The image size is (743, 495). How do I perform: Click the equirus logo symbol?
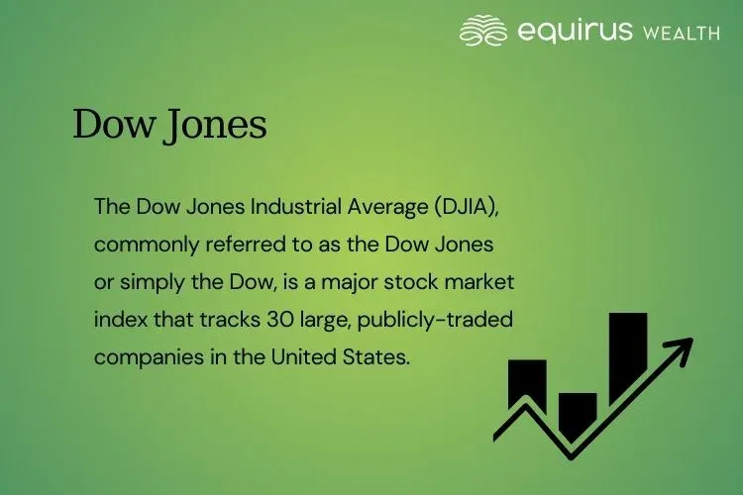pyautogui.click(x=483, y=31)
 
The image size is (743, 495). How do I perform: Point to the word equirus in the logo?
pyautogui.click(x=574, y=31)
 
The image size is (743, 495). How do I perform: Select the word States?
pyautogui.click(x=376, y=357)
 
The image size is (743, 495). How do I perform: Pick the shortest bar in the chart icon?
pyautogui.click(x=578, y=414)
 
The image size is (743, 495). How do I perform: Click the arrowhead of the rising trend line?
pyautogui.click(x=681, y=346)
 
